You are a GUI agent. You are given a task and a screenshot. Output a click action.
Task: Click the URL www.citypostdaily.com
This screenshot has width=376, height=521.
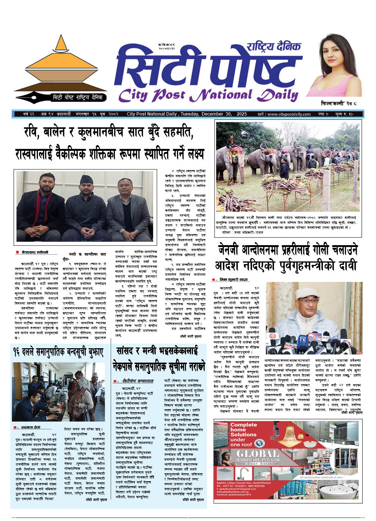pyautogui.click(x=289, y=114)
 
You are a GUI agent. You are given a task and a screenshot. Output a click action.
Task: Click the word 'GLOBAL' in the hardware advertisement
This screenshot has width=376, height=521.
pyautogui.click(x=257, y=454)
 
